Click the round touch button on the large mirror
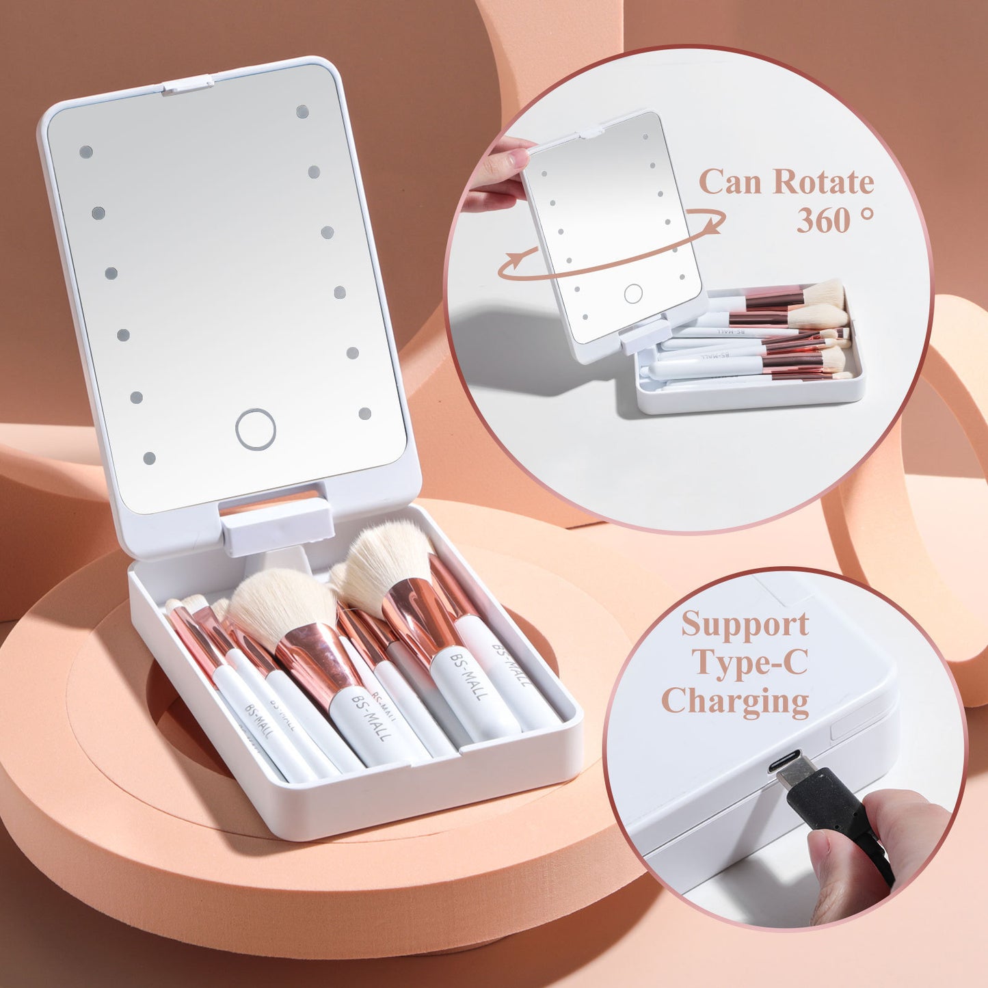pyautogui.click(x=256, y=429)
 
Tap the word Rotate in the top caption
pyautogui.click(x=823, y=182)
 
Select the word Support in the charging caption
pyautogui.click(x=745, y=624)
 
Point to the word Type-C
pyautogui.click(x=750, y=662)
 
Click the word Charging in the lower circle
pyautogui.click(x=735, y=701)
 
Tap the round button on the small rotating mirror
pyautogui.click(x=633, y=294)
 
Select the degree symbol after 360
pyautogui.click(x=866, y=213)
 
